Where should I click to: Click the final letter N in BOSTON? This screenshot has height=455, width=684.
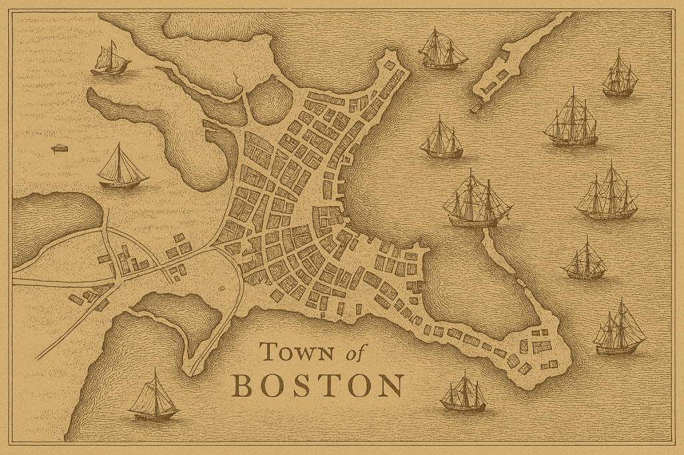[x=391, y=386]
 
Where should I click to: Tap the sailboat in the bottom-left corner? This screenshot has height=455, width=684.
[x=154, y=398]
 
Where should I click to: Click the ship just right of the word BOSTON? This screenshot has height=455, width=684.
[x=463, y=394]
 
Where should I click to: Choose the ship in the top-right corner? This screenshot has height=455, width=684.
[x=619, y=75]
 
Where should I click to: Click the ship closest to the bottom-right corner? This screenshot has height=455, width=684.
[x=619, y=330]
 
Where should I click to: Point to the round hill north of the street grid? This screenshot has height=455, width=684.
[x=271, y=100]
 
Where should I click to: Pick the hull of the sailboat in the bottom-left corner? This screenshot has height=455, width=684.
[x=154, y=414]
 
